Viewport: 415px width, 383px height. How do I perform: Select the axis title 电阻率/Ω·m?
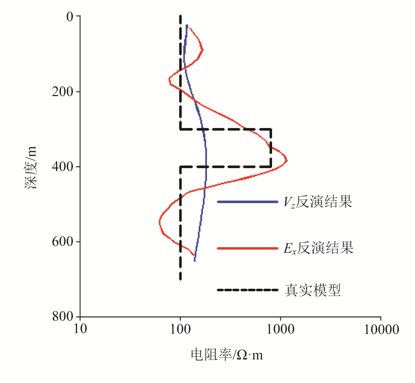point(227,355)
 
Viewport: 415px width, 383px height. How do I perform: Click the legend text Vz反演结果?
point(318,202)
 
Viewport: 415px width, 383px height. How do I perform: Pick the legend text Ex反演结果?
point(319,249)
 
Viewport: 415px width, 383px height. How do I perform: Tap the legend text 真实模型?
point(313,290)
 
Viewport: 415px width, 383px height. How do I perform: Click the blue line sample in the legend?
point(248,202)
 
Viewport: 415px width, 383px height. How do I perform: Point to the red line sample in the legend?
point(248,249)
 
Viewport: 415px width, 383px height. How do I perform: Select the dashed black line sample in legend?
point(248,290)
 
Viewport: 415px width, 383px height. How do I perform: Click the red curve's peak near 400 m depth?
point(287,160)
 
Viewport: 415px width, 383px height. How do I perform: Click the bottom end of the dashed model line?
point(180,279)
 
